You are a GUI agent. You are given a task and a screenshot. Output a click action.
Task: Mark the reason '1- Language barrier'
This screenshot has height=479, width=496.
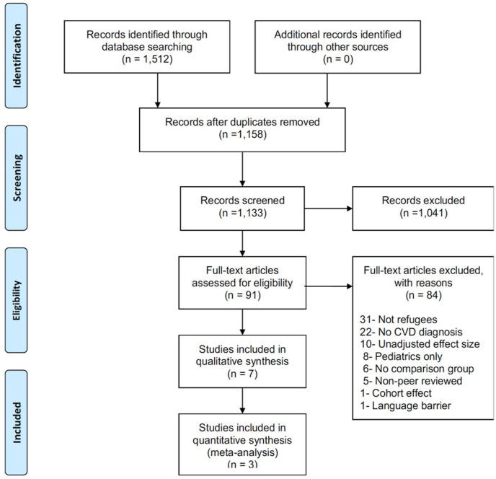tap(400, 406)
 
